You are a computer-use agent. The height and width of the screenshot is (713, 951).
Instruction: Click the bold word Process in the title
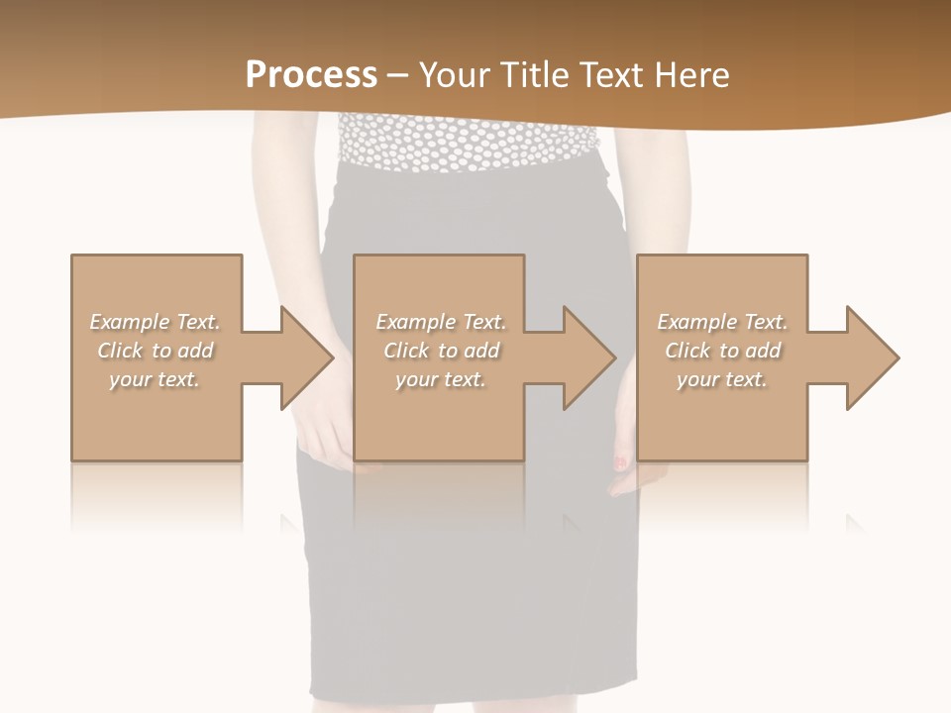point(311,75)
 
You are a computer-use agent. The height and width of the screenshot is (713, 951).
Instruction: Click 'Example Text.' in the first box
point(155,322)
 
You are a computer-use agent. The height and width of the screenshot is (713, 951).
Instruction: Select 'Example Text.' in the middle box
point(440,322)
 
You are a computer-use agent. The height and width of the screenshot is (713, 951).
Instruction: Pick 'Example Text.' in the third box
point(722,322)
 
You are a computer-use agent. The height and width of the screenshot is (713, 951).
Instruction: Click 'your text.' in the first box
point(155,379)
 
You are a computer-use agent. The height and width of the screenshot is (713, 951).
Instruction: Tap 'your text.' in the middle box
point(440,379)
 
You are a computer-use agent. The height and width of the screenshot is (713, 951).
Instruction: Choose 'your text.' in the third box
point(722,379)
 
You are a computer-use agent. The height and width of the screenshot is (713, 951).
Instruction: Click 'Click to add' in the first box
point(155,351)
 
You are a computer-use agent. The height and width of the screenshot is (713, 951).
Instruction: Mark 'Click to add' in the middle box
point(440,351)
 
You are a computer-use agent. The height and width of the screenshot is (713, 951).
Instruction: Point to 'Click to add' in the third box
point(722,351)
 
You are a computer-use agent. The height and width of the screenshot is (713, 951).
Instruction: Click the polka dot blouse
point(466,144)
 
